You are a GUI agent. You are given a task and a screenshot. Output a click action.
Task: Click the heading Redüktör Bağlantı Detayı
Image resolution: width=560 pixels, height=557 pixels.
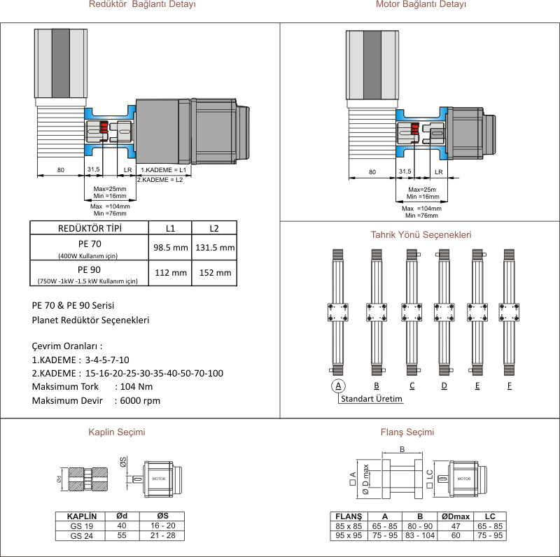coord(142,5)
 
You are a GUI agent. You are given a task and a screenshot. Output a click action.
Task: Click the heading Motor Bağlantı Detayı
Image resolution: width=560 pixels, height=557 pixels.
coord(421,5)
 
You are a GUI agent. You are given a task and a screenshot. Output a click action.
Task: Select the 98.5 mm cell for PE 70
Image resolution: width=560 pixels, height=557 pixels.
coord(171,248)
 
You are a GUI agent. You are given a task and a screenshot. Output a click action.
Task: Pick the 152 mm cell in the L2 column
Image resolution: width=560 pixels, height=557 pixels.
coord(215,273)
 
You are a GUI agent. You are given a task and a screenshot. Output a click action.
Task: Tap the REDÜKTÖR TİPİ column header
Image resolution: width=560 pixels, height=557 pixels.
coord(89,228)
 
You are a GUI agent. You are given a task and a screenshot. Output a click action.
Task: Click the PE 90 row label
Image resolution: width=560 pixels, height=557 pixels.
coord(89,269)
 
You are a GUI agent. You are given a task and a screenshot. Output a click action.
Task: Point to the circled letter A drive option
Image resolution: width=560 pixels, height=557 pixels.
coord(338,386)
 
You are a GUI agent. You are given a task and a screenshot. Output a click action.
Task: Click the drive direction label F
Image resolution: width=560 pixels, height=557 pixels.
coord(510,386)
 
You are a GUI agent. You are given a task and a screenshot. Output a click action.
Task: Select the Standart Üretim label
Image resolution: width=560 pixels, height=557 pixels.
coord(372,400)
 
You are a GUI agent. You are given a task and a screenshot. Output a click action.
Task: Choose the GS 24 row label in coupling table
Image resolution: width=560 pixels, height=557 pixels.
coord(82,535)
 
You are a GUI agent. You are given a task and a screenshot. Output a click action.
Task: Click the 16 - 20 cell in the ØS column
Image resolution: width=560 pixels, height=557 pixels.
coord(162,526)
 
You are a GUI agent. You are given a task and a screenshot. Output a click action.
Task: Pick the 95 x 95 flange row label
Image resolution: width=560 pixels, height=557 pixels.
coord(349,535)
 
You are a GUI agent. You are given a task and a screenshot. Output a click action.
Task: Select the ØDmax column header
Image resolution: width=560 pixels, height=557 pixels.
coord(456,516)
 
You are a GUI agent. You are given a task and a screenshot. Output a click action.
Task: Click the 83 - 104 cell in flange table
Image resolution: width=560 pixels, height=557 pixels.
coord(420,535)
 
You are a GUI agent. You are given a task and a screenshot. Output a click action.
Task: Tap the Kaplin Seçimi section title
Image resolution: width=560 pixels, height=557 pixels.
coord(117,432)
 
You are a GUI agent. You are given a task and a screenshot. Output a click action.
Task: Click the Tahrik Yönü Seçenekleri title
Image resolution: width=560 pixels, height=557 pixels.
coord(421,235)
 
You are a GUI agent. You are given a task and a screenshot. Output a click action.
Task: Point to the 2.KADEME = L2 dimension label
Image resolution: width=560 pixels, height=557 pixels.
coord(160,180)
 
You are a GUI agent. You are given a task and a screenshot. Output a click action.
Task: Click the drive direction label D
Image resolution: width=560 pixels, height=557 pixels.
coord(444,386)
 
